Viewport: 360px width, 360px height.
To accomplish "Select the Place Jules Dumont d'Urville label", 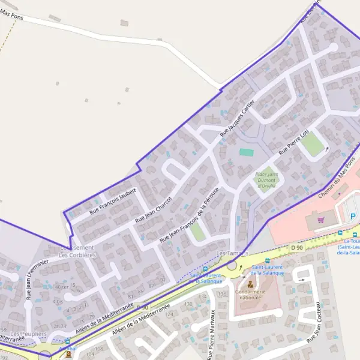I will [266, 179].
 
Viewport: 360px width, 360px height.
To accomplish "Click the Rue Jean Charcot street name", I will [154, 209].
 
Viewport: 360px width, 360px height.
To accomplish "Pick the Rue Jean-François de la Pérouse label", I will [189, 215].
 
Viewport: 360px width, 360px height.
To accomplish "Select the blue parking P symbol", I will [353, 216].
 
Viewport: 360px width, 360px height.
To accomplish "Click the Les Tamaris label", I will [233, 254].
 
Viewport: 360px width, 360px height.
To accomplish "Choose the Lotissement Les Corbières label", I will [77, 251].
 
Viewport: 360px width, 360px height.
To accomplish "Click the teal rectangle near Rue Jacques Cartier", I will [246, 152].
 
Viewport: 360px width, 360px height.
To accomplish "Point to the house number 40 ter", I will [61, 287].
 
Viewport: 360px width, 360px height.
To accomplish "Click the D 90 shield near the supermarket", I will [296, 247].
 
